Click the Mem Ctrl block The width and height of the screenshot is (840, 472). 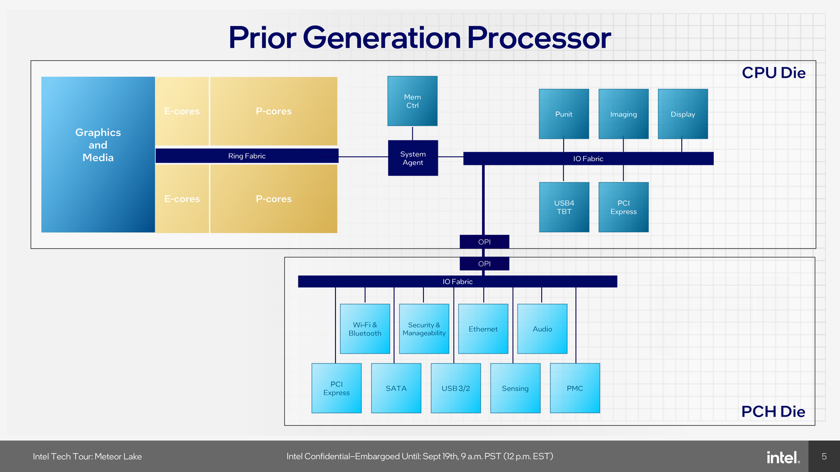(x=412, y=101)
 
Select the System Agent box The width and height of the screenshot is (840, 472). (x=413, y=158)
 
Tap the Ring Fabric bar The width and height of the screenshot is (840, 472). (x=247, y=156)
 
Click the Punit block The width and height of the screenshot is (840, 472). (x=564, y=114)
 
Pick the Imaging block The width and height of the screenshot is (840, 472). (x=623, y=114)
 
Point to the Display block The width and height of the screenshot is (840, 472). (x=683, y=114)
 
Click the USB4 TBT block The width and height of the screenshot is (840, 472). (x=564, y=207)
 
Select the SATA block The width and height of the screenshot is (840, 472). (x=396, y=388)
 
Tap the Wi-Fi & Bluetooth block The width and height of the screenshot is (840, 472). (x=365, y=329)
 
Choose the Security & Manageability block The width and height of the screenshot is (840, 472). (x=424, y=329)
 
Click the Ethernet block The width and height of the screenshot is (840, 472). (x=483, y=329)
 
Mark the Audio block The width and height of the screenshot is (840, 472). (x=542, y=329)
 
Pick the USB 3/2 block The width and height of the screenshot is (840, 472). (x=456, y=388)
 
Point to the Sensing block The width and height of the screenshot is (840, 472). (x=515, y=388)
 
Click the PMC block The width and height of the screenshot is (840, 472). (x=575, y=388)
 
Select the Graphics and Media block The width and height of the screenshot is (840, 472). (x=98, y=155)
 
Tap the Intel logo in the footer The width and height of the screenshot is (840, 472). (x=783, y=457)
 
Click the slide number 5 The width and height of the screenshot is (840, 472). (x=824, y=456)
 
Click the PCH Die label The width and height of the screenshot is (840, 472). (x=773, y=411)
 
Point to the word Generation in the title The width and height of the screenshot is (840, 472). (x=382, y=38)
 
